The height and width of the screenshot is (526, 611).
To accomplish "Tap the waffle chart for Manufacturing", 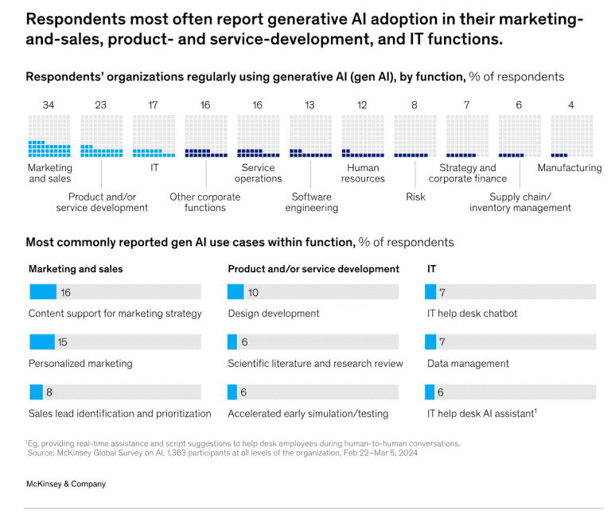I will click(571, 136).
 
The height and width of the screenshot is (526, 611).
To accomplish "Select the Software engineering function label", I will click(312, 202).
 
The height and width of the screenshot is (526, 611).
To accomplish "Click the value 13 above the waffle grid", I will click(309, 105).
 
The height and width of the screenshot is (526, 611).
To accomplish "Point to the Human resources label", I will click(363, 173).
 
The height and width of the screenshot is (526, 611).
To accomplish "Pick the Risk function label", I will click(415, 197).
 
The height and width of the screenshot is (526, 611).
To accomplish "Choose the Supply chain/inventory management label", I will click(520, 202).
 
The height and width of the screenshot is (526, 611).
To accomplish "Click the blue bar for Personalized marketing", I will click(41, 342).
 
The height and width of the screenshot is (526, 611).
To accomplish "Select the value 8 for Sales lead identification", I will click(49, 392).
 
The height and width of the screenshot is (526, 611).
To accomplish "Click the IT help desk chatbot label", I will click(472, 314).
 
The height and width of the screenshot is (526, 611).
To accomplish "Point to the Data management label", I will click(468, 364).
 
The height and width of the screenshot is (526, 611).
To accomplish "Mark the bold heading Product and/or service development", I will click(313, 269).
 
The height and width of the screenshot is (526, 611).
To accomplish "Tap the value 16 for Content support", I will click(65, 292).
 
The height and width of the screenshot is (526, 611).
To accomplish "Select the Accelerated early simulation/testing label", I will click(308, 414).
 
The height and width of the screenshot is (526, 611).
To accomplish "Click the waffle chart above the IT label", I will click(154, 136).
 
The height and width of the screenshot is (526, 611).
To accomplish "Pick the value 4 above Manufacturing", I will click(570, 105).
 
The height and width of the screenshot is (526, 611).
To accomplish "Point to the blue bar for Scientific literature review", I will click(232, 342).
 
